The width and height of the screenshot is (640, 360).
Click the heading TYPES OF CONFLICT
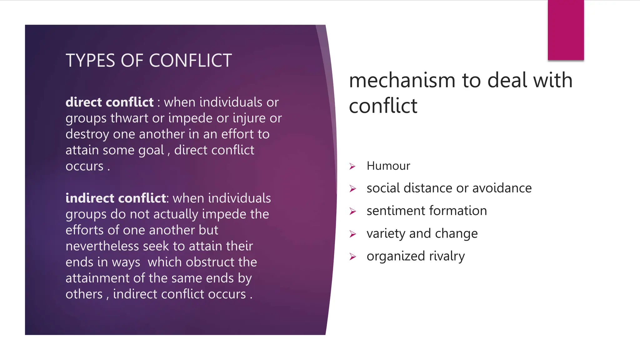pyautogui.click(x=148, y=60)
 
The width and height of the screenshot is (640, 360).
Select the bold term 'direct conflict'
pyautogui.click(x=109, y=102)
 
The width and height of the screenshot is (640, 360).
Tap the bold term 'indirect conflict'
pyautogui.click(x=116, y=198)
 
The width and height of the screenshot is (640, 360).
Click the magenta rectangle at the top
pyautogui.click(x=566, y=30)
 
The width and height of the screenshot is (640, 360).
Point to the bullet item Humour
pyautogui.click(x=388, y=166)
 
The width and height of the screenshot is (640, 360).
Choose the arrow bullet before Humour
pyautogui.click(x=352, y=166)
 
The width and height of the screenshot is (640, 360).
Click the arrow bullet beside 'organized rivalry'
pyautogui.click(x=352, y=257)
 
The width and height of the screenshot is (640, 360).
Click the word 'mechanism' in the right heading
pyautogui.click(x=402, y=80)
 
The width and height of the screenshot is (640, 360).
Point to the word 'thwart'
pyautogui.click(x=129, y=118)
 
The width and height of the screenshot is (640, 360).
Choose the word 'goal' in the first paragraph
pyautogui.click(x=151, y=151)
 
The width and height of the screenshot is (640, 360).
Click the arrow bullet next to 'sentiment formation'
pyautogui.click(x=352, y=212)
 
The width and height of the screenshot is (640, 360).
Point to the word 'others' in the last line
pyautogui.click(x=84, y=294)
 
